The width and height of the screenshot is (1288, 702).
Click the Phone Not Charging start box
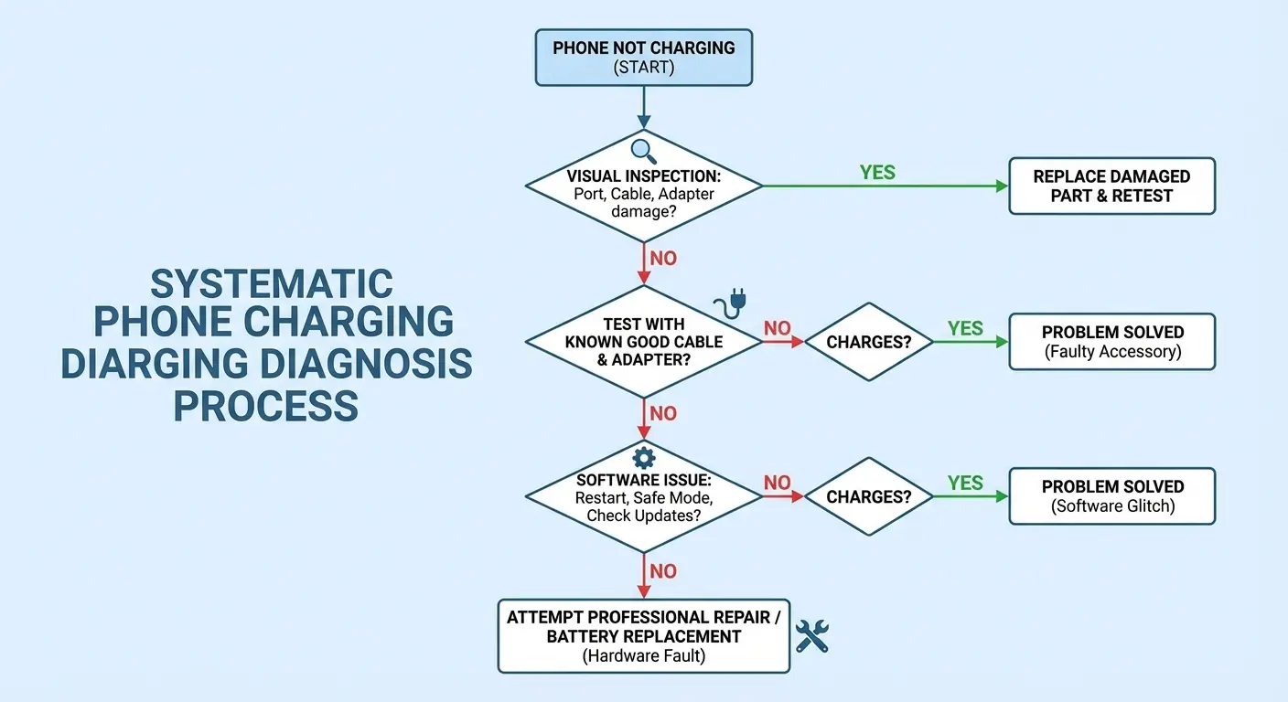click(643, 58)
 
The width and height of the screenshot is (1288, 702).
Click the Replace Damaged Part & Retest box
click(1111, 186)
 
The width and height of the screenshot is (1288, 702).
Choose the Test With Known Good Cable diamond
click(643, 342)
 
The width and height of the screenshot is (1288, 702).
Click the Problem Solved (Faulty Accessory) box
click(1111, 342)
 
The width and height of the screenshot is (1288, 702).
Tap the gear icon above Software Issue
click(643, 457)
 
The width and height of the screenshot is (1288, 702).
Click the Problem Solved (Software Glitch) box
click(1111, 496)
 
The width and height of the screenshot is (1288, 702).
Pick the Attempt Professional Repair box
click(643, 635)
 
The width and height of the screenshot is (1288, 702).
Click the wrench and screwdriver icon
click(811, 635)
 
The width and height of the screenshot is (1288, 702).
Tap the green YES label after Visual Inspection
click(877, 172)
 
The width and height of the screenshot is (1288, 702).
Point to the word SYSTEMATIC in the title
click(272, 284)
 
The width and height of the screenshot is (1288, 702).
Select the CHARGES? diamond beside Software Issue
click(868, 496)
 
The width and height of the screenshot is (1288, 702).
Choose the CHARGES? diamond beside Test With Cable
click(868, 342)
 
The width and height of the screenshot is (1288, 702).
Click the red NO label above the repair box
click(663, 571)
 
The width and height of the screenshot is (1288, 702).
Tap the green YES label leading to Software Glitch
click(965, 483)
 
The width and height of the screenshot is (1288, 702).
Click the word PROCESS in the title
click(265, 405)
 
